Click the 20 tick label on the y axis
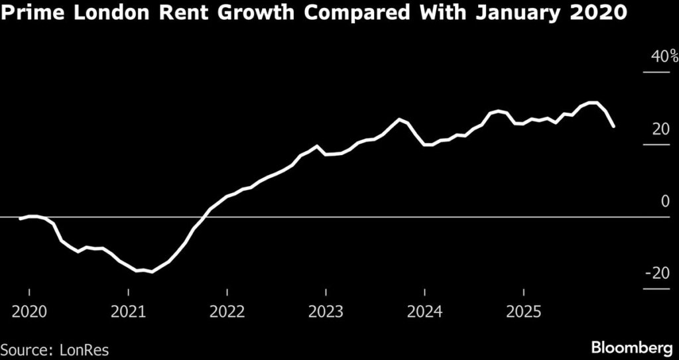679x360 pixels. pyautogui.click(x=661, y=129)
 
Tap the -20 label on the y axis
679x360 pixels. pyautogui.click(x=658, y=274)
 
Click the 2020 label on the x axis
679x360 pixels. pyautogui.click(x=30, y=311)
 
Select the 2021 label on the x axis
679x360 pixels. pyautogui.click(x=129, y=311)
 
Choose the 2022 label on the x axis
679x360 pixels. pyautogui.click(x=227, y=311)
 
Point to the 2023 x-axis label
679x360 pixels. pyautogui.click(x=326, y=311)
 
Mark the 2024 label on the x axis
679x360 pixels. pyautogui.click(x=424, y=311)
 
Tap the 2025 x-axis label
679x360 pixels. pyautogui.click(x=523, y=311)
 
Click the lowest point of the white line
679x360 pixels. pyautogui.click(x=152, y=272)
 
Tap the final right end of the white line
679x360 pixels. pyautogui.click(x=614, y=126)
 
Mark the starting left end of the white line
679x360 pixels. pyautogui.click(x=20, y=219)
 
